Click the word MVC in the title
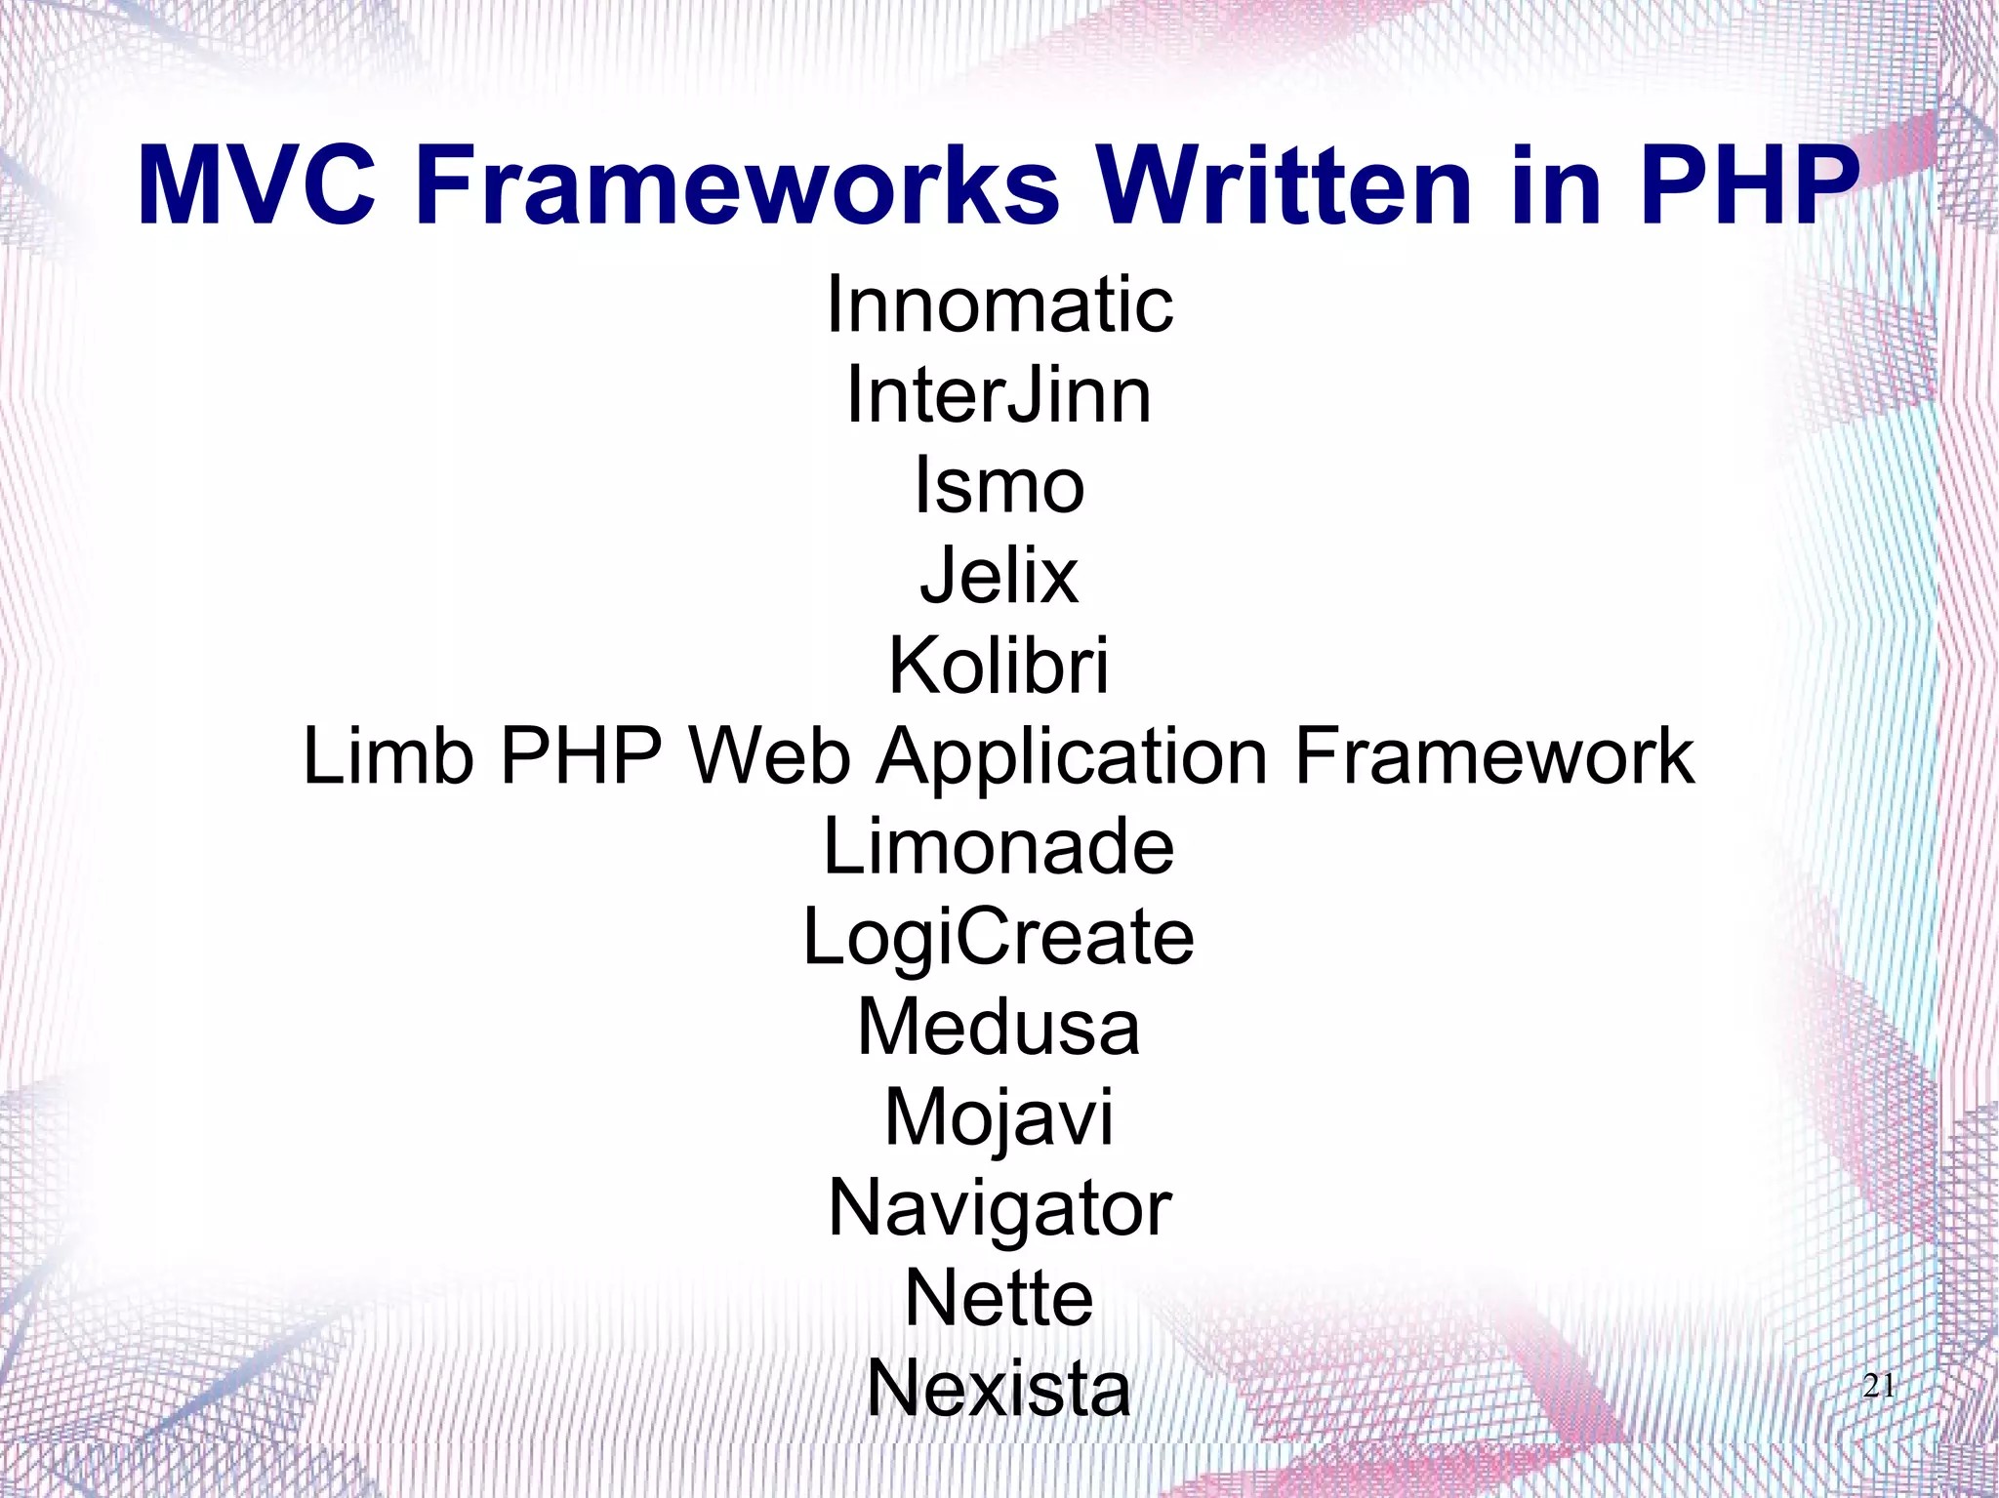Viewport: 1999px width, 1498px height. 257,185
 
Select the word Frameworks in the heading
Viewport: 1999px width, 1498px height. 738,185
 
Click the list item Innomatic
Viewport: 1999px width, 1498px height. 999,304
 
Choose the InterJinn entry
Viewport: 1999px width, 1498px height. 999,395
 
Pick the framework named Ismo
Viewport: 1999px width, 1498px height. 999,486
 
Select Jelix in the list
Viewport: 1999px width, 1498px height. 999,576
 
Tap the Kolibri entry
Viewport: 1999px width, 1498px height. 999,667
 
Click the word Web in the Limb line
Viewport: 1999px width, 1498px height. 769,756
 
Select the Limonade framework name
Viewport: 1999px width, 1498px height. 999,846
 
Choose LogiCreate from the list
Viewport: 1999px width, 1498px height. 999,937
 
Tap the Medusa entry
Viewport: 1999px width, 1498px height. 999,1028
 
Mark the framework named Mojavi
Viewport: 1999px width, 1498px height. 999,1118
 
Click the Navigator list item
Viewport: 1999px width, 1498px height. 999,1209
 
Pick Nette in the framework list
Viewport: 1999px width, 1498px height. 999,1298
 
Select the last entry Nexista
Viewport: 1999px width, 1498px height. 999,1389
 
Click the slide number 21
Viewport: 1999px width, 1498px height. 1879,1386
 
